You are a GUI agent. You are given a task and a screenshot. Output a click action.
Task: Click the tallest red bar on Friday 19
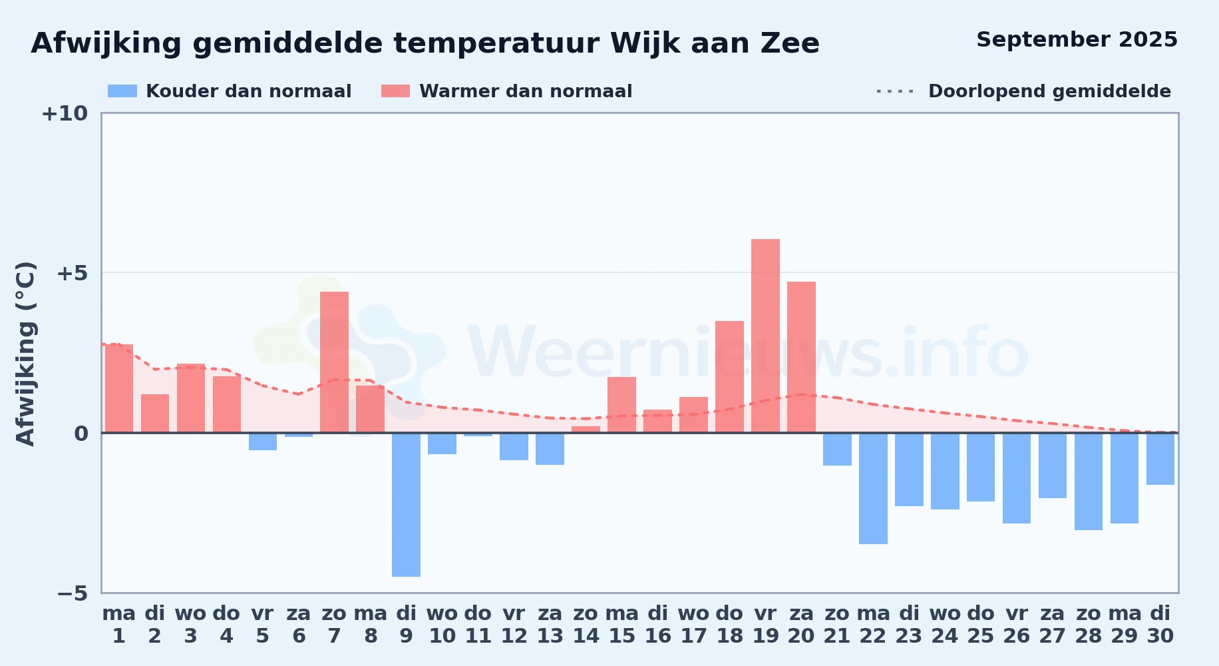coord(765,336)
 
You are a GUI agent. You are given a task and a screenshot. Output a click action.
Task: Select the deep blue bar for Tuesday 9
coord(406,505)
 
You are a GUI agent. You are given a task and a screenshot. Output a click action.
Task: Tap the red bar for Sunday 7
coord(334,362)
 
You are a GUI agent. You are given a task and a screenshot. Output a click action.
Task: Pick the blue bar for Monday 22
coord(873,488)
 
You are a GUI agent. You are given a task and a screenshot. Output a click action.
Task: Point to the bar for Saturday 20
coord(801,357)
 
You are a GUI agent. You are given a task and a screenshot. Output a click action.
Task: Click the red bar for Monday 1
coord(118,388)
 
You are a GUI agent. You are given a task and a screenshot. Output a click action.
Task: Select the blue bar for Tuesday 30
coord(1160,459)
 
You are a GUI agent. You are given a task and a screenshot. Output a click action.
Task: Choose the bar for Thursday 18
coord(729,377)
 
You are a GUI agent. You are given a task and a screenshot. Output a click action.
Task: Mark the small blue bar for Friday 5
coord(262,442)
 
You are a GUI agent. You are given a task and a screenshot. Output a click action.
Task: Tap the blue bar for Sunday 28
coord(1089,482)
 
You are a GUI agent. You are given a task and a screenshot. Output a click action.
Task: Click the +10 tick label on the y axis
coord(65,113)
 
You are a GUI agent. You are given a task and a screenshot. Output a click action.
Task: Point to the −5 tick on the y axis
coord(73,593)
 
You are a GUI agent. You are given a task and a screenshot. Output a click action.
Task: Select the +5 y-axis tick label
coord(73,273)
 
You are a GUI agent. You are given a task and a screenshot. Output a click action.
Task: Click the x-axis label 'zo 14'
coord(586,625)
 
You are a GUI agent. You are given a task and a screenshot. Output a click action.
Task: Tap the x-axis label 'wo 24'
coord(945,625)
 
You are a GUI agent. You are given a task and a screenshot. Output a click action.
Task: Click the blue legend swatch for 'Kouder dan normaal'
coord(122,91)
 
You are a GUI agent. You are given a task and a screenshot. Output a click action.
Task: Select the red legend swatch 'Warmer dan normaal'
coord(395,91)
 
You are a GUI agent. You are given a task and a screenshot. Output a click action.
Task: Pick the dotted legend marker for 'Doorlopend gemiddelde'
coord(896,91)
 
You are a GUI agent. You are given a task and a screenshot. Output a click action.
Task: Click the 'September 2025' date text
coord(1077,40)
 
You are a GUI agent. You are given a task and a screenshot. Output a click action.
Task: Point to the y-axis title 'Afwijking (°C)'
coord(25,354)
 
